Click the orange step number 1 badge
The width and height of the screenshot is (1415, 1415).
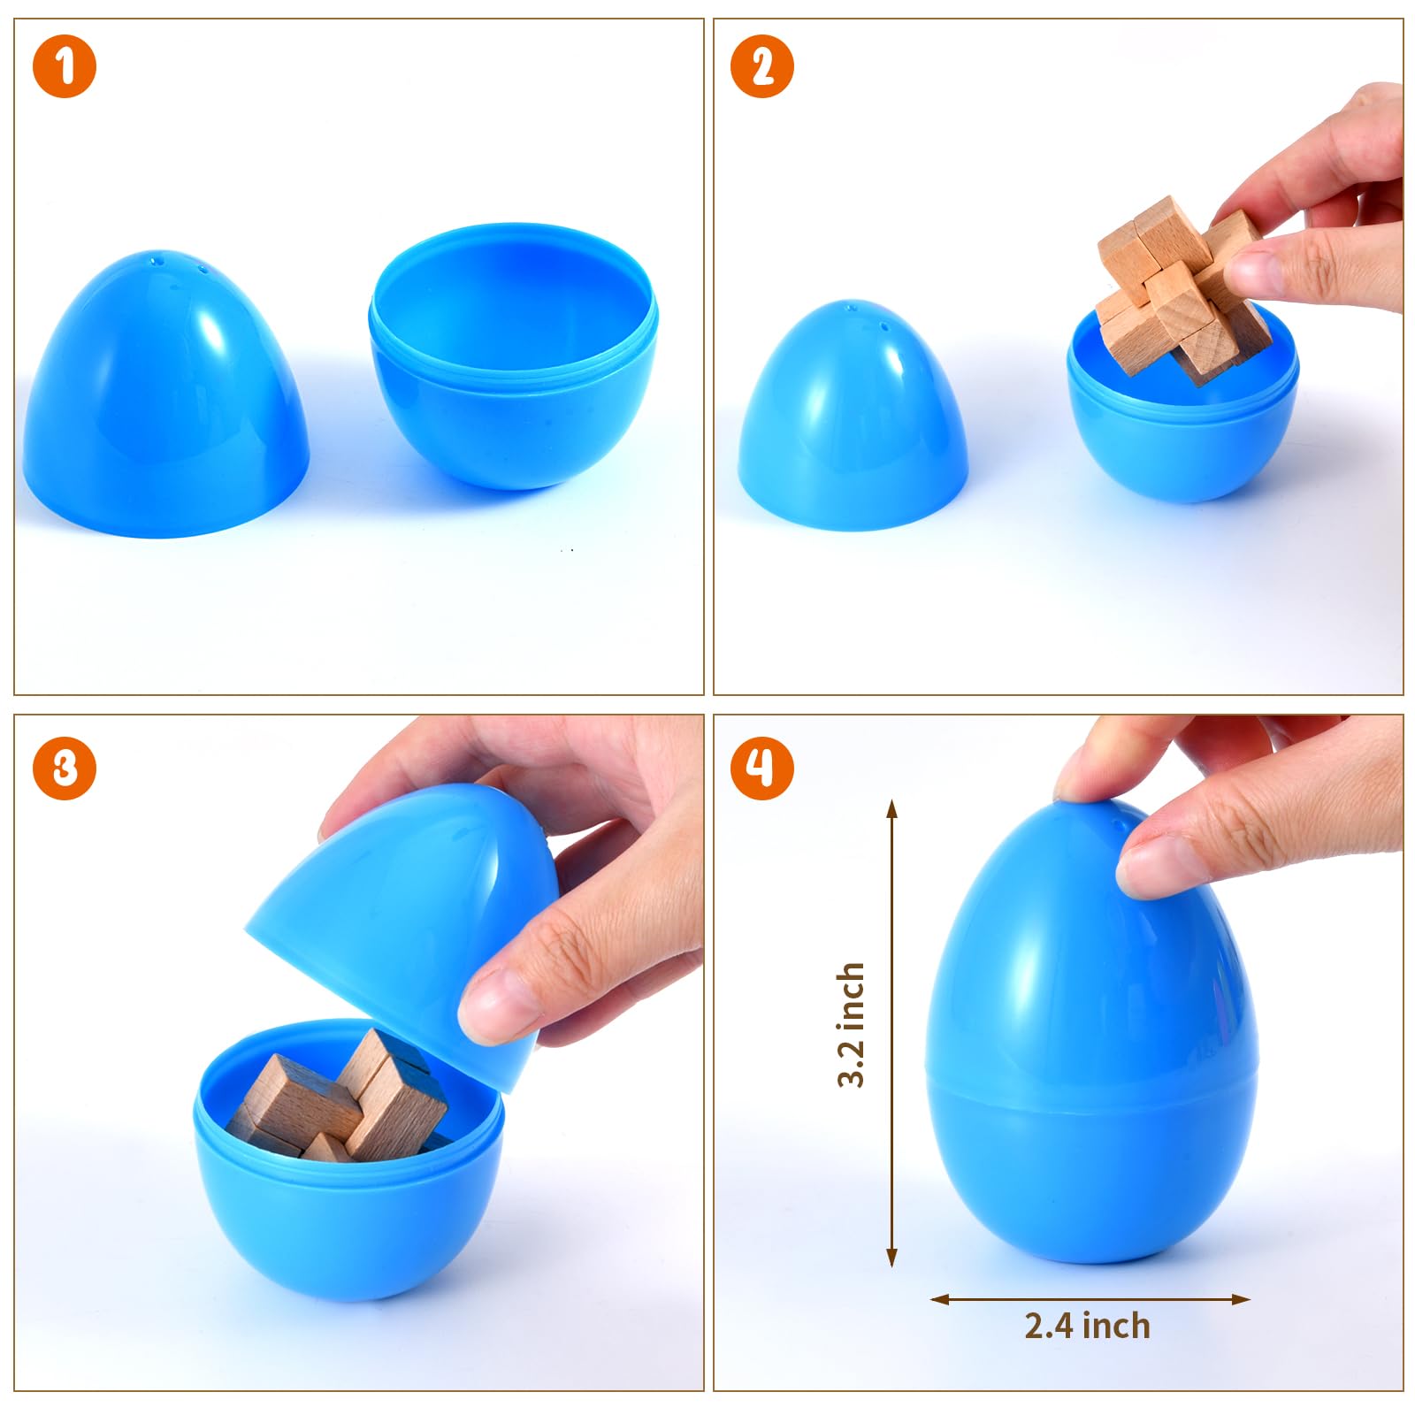point(65,66)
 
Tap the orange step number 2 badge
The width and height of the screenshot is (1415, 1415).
point(762,66)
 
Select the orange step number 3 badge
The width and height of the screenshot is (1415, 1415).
point(65,768)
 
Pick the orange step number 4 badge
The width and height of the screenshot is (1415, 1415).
point(762,768)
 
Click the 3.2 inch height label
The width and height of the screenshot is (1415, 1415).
point(851,1024)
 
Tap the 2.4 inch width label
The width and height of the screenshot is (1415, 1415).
point(1088,1326)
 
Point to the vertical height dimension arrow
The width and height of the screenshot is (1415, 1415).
point(892,1033)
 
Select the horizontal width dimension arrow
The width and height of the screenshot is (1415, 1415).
point(1090,1299)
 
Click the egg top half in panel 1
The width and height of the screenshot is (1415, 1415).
point(166,394)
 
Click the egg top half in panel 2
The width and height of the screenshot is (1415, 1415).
point(853,416)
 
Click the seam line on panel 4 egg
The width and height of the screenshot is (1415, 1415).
point(1091,1094)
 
